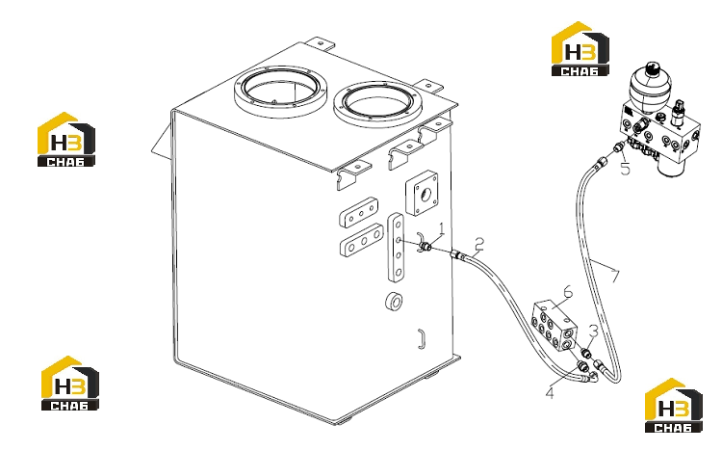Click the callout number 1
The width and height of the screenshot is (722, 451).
coord(442,228)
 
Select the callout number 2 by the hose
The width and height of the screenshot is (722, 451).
coord(479,244)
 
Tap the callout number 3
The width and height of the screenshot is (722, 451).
coord(594,332)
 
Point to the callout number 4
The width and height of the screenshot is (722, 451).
coord(550,393)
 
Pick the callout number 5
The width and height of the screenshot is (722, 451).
coord(625,170)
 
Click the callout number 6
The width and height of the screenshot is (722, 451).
coord(567,291)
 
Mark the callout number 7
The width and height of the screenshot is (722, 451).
coord(615,277)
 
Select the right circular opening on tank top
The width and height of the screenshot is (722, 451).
coord(377,105)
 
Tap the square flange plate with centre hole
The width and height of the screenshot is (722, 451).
coord(422,194)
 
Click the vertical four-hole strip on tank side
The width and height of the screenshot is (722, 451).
coord(396,247)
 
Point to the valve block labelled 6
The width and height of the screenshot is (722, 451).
coord(554,326)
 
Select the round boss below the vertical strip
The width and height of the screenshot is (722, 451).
coord(393,302)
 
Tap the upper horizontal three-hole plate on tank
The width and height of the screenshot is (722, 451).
coord(359,213)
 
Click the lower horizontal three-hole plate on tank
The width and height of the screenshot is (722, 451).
coord(361,240)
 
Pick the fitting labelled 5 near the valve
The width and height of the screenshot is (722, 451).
coord(619,147)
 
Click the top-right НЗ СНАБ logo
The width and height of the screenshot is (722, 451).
coord(580,49)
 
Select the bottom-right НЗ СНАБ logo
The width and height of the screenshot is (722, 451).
coord(673,406)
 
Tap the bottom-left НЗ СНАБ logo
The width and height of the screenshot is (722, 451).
coord(70,384)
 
